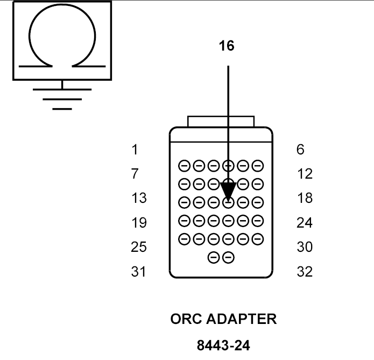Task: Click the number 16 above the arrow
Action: [227, 46]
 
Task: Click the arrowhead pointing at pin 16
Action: [228, 192]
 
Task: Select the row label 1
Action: [135, 149]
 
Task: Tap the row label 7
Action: [135, 174]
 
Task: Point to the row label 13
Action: [139, 198]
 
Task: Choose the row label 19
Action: [139, 223]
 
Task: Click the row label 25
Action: [139, 247]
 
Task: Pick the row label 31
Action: [139, 272]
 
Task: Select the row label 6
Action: [300, 149]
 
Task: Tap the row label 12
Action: [305, 174]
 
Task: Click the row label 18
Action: [305, 198]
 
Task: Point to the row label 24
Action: [305, 223]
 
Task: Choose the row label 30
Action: [305, 247]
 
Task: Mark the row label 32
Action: [305, 272]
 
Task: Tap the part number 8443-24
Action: [223, 345]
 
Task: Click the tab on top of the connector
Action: [220, 121]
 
